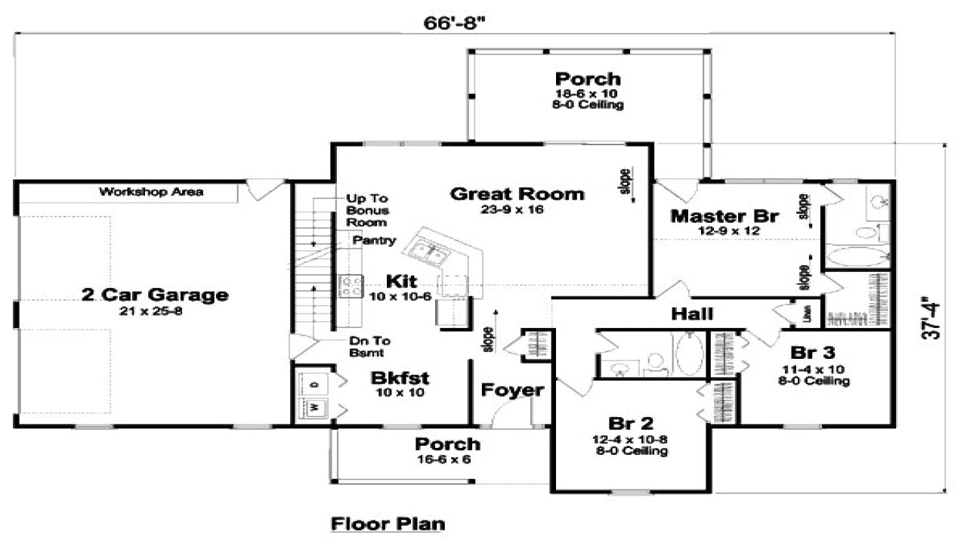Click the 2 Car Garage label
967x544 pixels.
tap(155, 295)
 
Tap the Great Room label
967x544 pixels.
tap(517, 194)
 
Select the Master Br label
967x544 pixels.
tap(724, 216)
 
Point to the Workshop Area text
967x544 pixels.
tap(151, 192)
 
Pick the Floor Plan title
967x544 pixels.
tap(388, 523)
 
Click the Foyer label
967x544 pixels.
tap(512, 391)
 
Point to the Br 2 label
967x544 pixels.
tap(630, 423)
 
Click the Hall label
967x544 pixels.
tap(692, 314)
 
